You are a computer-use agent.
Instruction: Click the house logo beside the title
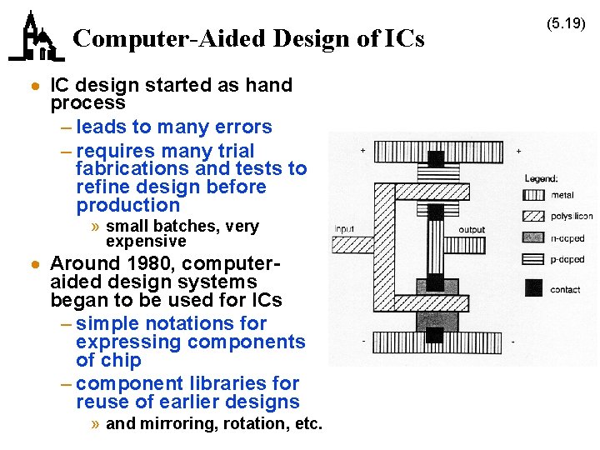click(x=36, y=37)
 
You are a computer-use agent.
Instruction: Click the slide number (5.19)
click(x=566, y=24)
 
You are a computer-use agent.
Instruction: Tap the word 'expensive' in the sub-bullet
click(x=146, y=242)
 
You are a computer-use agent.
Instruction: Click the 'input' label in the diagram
click(x=344, y=229)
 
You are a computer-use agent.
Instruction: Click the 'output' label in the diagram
click(x=472, y=229)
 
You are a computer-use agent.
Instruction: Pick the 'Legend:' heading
click(x=541, y=178)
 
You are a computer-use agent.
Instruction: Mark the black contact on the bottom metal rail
click(x=434, y=335)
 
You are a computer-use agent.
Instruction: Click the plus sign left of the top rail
click(x=362, y=151)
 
